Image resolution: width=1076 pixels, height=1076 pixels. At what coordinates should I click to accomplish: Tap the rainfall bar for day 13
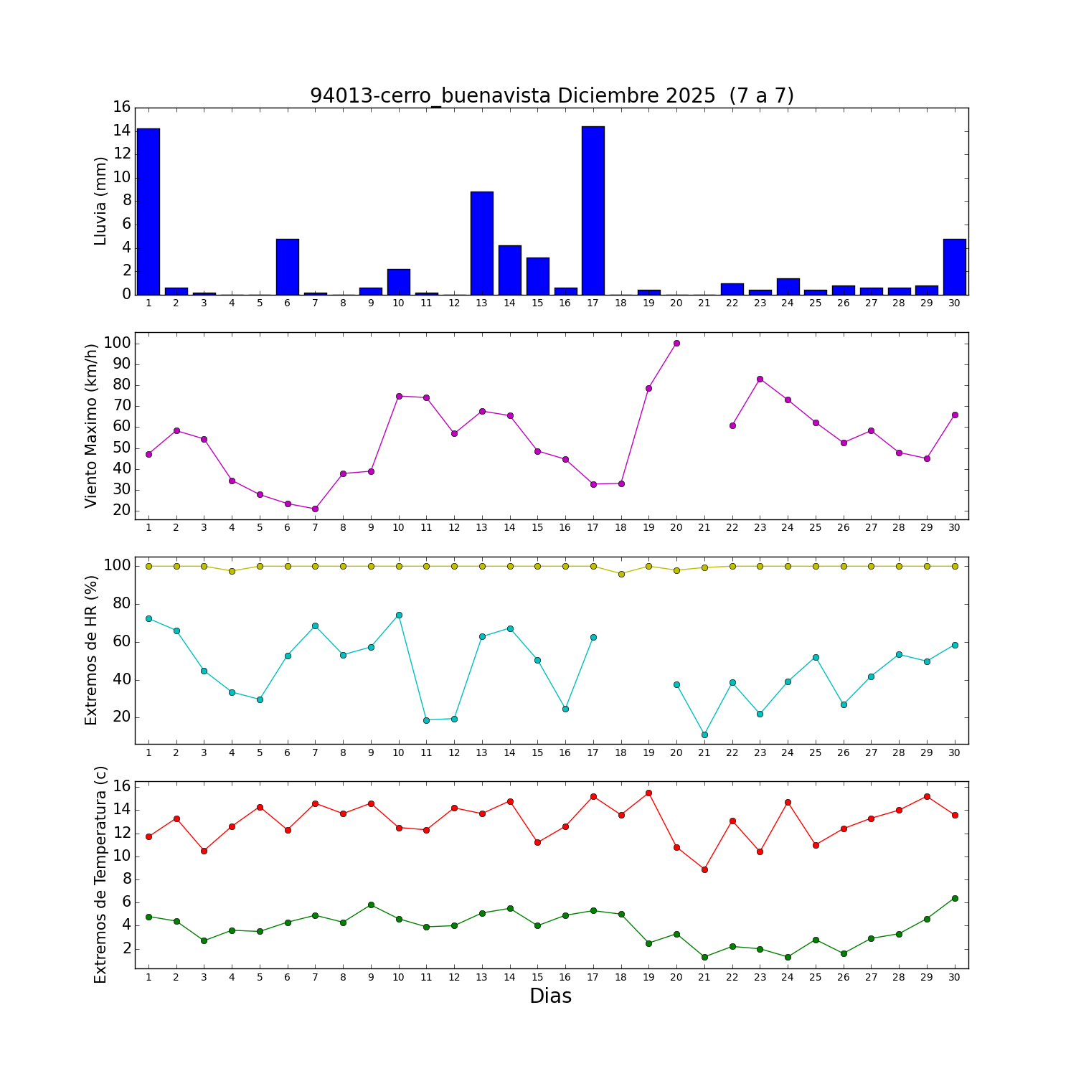[482, 243]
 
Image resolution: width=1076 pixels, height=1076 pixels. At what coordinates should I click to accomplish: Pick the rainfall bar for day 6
[288, 267]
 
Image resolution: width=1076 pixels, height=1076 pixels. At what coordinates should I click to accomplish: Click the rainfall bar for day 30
[955, 267]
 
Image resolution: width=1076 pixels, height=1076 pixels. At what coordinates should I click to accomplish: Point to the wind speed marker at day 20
[676, 343]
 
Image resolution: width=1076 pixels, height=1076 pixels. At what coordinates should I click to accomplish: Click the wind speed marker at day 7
[315, 509]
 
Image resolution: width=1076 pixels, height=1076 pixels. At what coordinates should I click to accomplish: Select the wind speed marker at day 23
[760, 379]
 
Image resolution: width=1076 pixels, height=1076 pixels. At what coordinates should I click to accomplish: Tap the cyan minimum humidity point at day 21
[704, 735]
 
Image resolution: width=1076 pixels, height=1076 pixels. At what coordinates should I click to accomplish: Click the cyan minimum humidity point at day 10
[399, 615]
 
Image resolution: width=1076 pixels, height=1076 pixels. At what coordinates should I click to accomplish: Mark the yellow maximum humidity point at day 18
[621, 574]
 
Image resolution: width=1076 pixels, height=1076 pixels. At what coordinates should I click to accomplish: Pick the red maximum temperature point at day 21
[704, 869]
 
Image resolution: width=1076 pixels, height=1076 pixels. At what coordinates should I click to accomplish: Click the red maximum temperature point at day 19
[648, 793]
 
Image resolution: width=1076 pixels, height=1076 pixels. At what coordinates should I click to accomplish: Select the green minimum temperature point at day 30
[955, 898]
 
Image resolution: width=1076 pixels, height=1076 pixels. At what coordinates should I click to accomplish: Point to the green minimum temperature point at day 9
[371, 905]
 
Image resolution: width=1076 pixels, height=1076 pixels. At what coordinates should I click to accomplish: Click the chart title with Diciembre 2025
[552, 95]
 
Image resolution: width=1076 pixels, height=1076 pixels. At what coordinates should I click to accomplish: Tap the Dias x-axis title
[550, 996]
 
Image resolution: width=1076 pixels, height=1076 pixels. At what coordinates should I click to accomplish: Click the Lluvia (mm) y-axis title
[100, 201]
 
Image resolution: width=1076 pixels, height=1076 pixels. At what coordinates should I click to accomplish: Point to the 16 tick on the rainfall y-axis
[121, 107]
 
